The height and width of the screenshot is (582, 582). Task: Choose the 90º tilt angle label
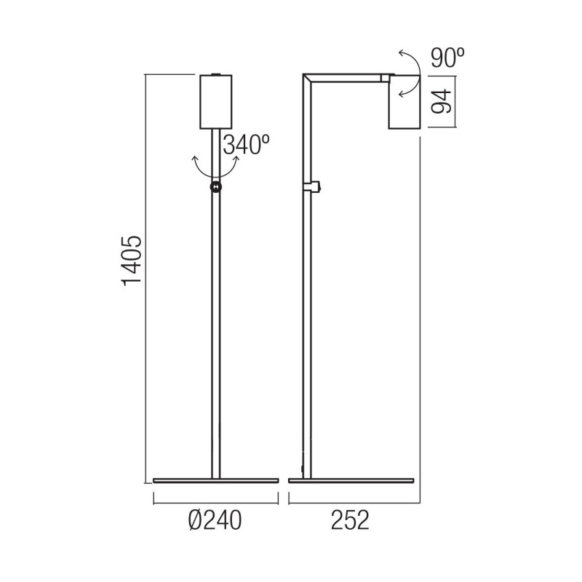pos(447,58)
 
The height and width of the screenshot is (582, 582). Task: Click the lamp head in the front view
pos(216,101)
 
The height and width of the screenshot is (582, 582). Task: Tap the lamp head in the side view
pos(404,102)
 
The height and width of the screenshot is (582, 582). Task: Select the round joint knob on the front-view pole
pos(216,188)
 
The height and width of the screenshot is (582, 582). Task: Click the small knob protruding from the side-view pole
pos(317,188)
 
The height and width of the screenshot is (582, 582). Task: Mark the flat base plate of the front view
pos(216,481)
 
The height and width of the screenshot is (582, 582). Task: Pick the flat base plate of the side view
pos(351,481)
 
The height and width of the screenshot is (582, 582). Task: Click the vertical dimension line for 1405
pos(145,276)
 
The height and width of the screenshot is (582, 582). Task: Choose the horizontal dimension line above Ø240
pos(216,500)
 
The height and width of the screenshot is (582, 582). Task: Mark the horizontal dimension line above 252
pos(355,500)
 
